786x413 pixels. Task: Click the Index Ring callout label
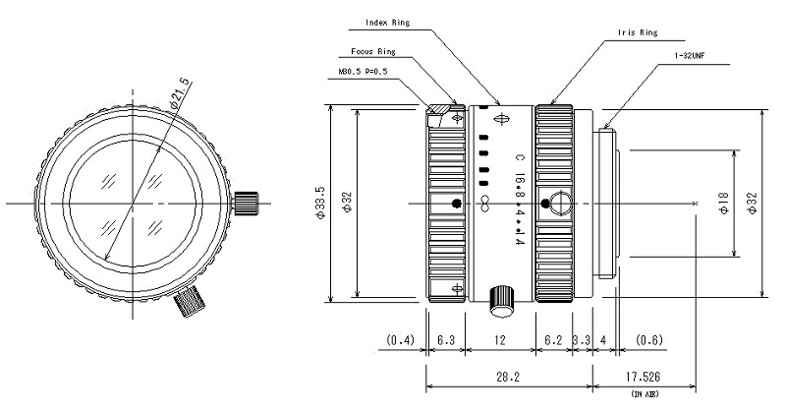387,23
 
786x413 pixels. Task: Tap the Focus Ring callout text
373,52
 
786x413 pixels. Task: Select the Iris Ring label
637,32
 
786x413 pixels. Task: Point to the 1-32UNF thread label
690,56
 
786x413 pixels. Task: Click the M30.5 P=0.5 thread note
364,71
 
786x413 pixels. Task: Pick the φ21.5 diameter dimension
181,93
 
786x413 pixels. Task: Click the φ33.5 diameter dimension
320,203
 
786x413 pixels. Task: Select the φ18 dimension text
724,204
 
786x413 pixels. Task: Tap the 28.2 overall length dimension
507,377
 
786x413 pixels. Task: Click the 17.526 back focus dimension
643,377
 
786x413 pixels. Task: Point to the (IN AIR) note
645,394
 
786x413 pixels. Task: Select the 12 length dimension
499,340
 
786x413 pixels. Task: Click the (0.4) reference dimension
401,340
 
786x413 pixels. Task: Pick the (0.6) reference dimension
649,340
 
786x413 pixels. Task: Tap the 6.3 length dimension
445,340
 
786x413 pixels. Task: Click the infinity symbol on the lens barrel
484,204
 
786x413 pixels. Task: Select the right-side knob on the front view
246,204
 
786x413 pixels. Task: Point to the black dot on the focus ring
456,204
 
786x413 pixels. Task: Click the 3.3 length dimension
582,340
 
